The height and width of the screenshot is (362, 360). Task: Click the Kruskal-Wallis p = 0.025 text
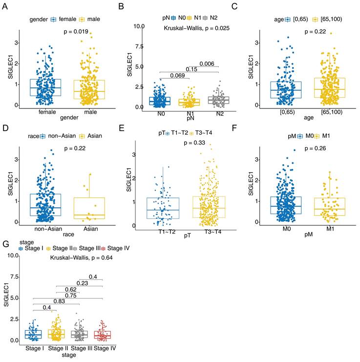(197, 28)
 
